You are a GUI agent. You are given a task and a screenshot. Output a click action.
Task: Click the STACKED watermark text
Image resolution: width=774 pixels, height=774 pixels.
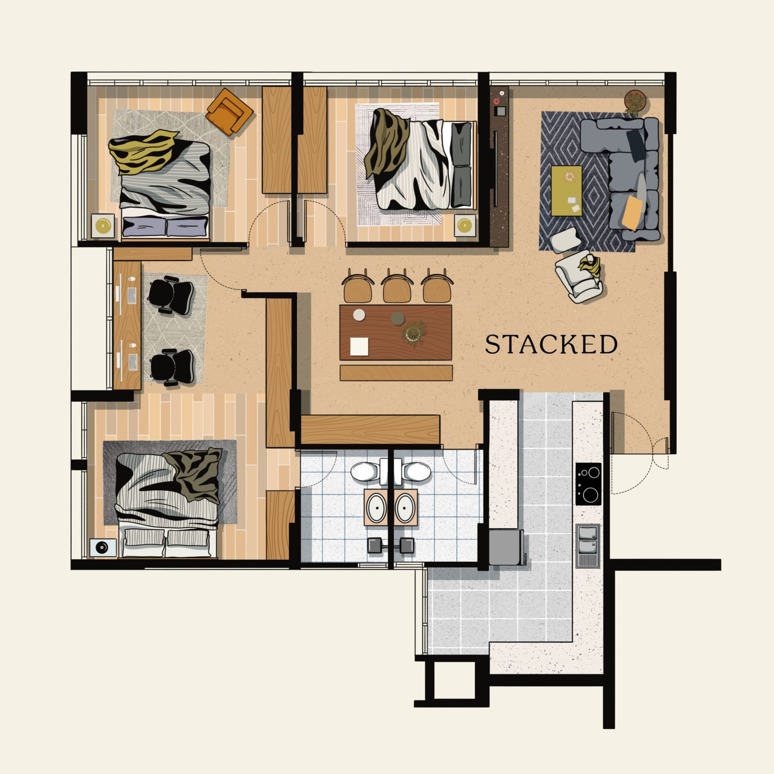pyautogui.click(x=551, y=344)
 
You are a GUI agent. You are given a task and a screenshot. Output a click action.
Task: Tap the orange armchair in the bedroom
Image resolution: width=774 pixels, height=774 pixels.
pyautogui.click(x=229, y=112)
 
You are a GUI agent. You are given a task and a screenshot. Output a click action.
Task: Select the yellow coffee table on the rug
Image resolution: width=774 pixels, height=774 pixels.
pyautogui.click(x=567, y=191)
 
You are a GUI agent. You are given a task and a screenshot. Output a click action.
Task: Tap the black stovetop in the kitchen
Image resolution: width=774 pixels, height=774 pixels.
pyautogui.click(x=588, y=484)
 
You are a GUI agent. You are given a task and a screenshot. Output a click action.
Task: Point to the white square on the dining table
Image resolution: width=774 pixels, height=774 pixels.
pyautogui.click(x=359, y=346)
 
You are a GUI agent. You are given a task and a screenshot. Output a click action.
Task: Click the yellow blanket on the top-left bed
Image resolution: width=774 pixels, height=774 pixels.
pyautogui.click(x=141, y=152)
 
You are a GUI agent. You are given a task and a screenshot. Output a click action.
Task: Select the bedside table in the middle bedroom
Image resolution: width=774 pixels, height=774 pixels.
pyautogui.click(x=464, y=225)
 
